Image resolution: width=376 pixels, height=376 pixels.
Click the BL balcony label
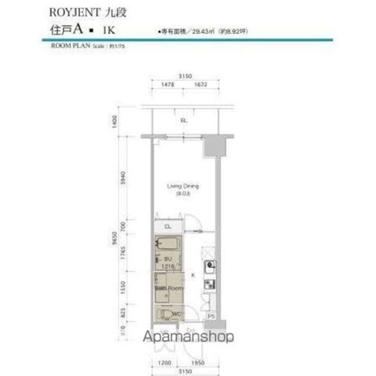click(183, 120)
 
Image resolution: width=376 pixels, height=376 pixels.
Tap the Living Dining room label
click(183, 186)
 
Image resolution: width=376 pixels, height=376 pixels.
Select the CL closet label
click(167, 227)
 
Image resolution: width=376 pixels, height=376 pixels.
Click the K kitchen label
click(192, 274)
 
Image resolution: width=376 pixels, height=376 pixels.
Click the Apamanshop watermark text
click(187, 337)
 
